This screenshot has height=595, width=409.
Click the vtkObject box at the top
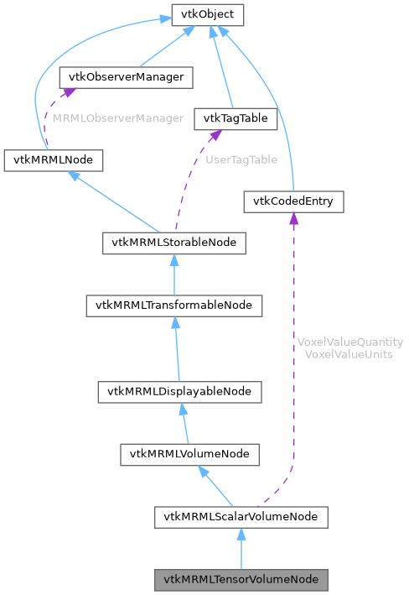(208, 14)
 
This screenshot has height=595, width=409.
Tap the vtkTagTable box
(235, 118)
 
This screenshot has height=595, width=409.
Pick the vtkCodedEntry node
(293, 201)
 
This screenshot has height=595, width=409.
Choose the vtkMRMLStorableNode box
(174, 243)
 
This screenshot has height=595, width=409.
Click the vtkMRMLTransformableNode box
(174, 305)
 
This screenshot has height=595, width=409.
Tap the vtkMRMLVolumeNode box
(189, 454)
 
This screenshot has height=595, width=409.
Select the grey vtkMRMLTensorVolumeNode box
(241, 579)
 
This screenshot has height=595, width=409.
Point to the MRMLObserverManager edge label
(118, 118)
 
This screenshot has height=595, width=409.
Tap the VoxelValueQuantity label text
(350, 342)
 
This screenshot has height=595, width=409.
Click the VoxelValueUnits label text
(350, 354)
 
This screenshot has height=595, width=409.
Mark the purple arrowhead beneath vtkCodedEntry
(293, 219)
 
